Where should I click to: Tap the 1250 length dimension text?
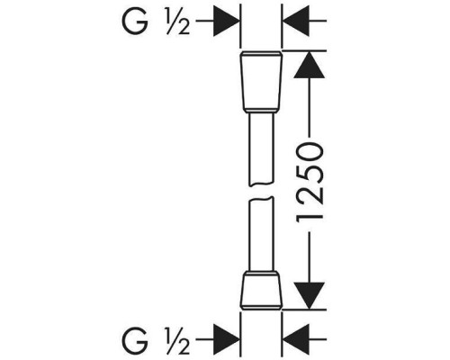click(x=310, y=182)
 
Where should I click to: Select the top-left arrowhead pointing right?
click(x=227, y=21)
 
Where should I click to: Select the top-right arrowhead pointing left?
click(x=296, y=21)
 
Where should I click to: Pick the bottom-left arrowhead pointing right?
click(x=227, y=339)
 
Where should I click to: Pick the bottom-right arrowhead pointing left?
click(x=296, y=339)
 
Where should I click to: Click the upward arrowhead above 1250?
click(x=310, y=65)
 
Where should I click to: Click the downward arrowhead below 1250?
click(x=310, y=296)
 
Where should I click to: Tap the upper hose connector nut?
click(x=262, y=82)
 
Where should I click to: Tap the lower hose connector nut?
click(x=262, y=291)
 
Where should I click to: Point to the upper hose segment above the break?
click(x=262, y=148)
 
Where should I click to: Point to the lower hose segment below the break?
click(x=262, y=234)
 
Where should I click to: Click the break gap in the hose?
click(x=262, y=191)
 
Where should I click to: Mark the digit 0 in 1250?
click(x=310, y=151)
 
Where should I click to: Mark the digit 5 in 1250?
click(x=310, y=173)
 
